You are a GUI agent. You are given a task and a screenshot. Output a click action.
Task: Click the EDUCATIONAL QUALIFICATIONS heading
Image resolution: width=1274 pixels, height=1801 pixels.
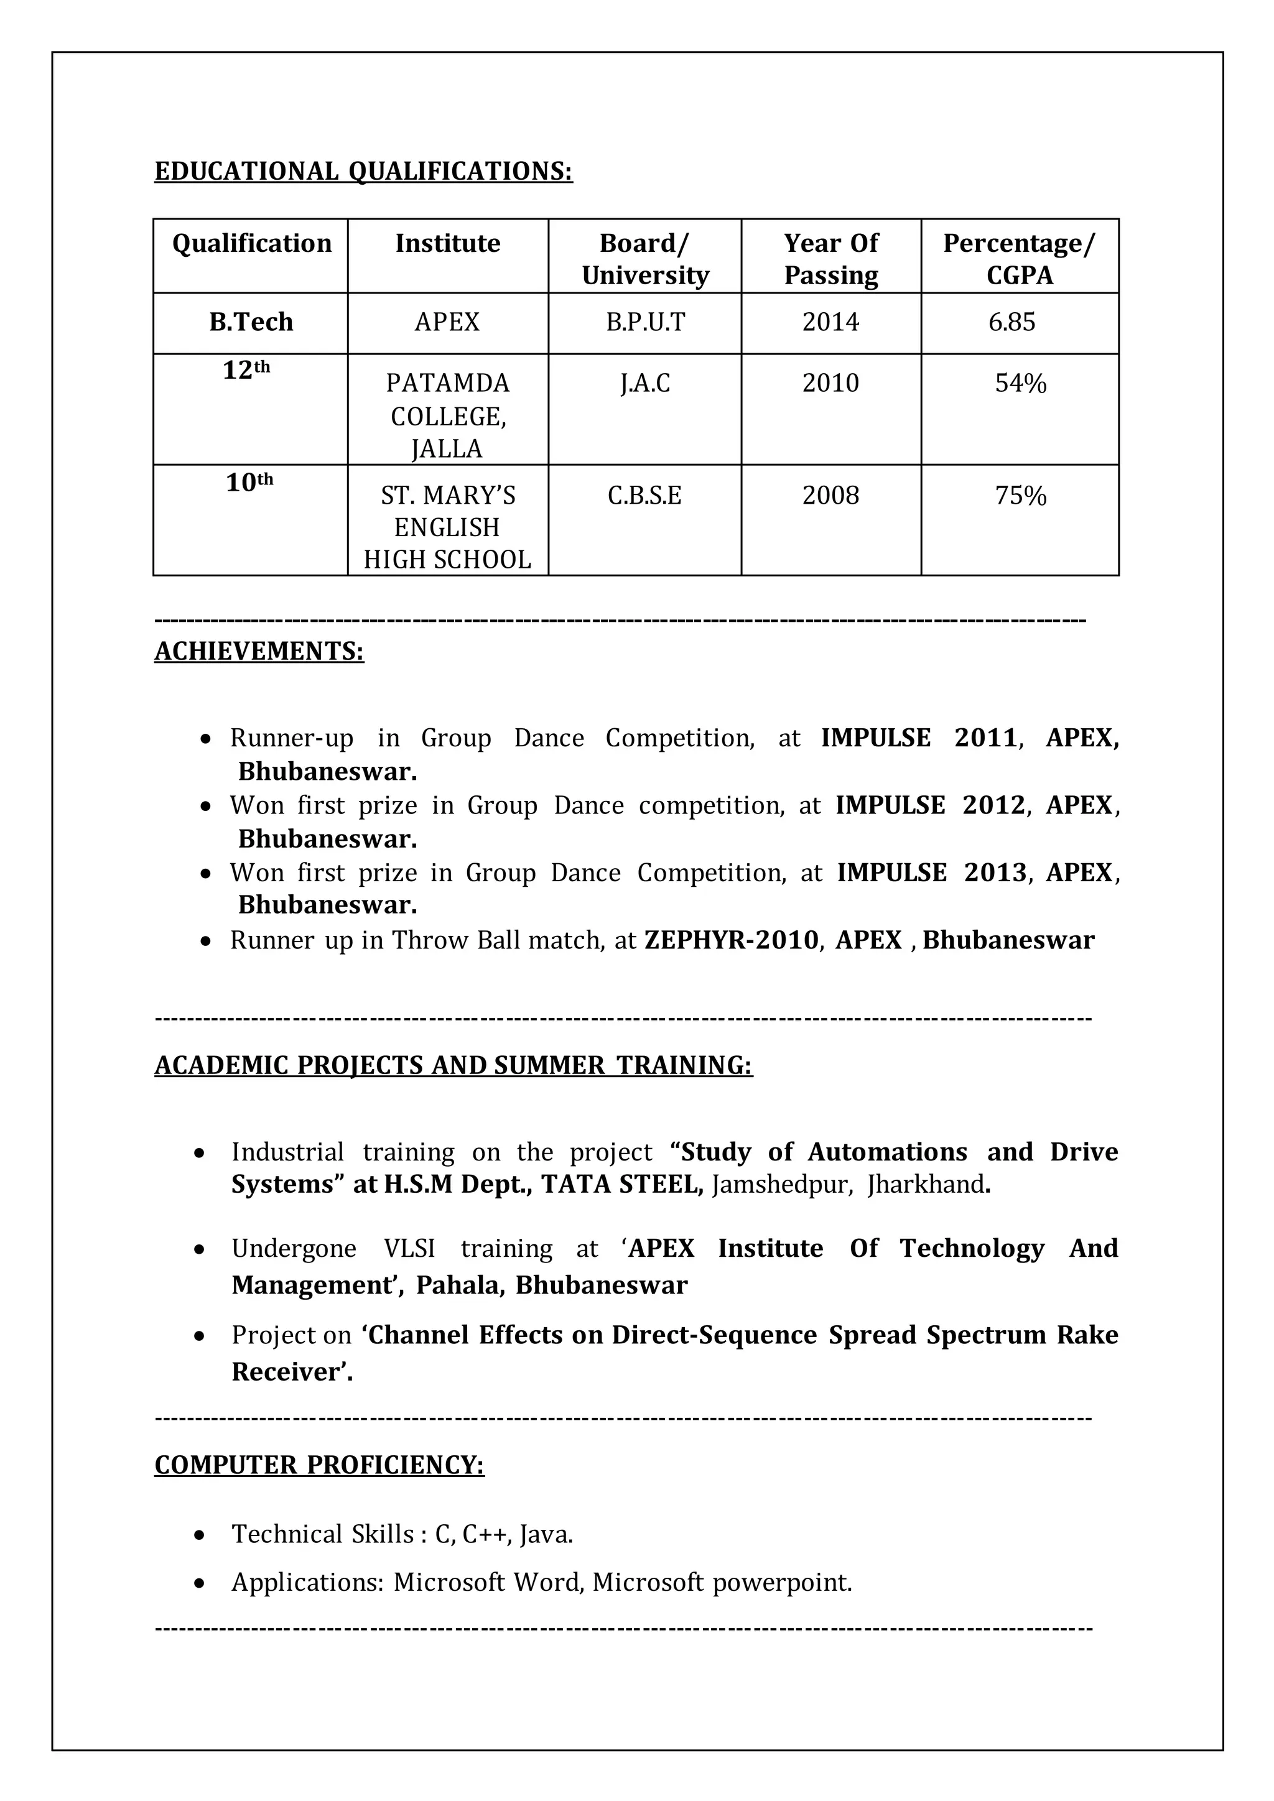[363, 171]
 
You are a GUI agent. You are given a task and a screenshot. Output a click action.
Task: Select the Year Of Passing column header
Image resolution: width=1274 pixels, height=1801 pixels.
[830, 259]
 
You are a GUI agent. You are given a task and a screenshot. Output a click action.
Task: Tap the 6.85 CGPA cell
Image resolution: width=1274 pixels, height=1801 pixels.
[1011, 322]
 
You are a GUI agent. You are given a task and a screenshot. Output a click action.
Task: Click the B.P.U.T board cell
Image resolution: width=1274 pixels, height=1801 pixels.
[645, 322]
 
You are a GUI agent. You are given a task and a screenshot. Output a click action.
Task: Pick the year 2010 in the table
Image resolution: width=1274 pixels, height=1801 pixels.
[830, 384]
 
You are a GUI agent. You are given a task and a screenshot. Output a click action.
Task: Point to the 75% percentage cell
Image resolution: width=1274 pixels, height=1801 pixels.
[1020, 496]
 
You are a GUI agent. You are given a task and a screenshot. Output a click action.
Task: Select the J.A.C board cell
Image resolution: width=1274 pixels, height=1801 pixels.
[645, 384]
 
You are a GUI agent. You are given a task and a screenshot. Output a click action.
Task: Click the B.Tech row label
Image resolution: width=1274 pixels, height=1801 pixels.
[251, 322]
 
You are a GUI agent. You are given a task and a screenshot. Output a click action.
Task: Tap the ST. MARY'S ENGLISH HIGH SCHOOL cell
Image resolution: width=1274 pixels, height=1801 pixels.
[447, 527]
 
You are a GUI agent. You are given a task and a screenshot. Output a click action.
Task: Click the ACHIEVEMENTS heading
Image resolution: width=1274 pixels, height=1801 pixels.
[259, 651]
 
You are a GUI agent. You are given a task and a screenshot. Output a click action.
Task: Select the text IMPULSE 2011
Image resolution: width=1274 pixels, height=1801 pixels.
[919, 738]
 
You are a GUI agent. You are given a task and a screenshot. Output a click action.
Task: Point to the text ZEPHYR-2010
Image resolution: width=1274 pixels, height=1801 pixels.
[731, 940]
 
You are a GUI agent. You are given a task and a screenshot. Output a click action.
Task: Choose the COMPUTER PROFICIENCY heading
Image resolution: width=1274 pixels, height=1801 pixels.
[319, 1465]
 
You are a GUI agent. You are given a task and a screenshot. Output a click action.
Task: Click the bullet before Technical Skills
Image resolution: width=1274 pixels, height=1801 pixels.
[200, 1535]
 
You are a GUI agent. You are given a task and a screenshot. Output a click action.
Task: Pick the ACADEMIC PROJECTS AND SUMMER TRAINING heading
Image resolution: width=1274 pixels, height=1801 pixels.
[453, 1065]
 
